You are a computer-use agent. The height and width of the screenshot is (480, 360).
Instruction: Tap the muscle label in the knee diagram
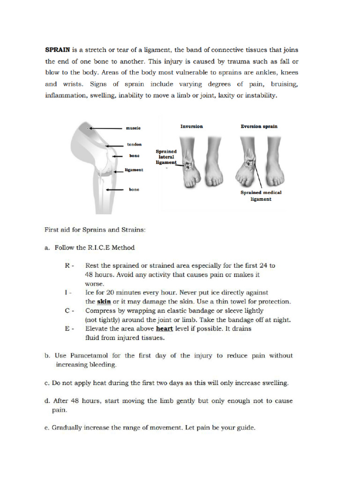(x=133, y=128)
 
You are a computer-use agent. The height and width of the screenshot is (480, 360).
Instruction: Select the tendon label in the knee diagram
(x=134, y=145)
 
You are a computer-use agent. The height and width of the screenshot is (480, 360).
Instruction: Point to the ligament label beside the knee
(x=134, y=170)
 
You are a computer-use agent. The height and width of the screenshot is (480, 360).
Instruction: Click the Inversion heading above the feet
(x=192, y=126)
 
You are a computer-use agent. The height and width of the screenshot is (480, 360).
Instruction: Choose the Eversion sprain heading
(x=259, y=126)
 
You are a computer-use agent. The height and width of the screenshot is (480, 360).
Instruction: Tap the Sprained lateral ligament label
(x=166, y=157)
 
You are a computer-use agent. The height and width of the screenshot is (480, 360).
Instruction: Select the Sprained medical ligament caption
(x=261, y=195)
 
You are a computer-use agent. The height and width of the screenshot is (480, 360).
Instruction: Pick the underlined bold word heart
(x=165, y=329)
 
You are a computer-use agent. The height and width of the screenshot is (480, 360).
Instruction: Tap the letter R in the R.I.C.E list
(x=67, y=265)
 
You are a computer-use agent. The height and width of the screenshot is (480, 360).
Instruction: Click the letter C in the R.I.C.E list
(x=67, y=310)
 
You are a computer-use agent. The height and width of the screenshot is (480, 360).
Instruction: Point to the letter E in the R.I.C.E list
(x=67, y=329)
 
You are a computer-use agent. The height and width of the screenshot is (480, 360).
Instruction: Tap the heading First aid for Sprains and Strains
(x=95, y=230)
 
